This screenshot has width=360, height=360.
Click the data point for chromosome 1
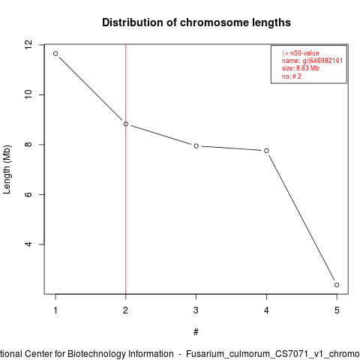click(55, 53)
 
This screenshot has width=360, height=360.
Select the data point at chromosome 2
click(126, 124)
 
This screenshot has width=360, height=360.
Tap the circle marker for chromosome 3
click(196, 145)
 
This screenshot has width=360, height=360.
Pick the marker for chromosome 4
click(266, 151)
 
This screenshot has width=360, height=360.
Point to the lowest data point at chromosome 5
click(337, 285)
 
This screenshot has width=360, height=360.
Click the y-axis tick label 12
click(28, 45)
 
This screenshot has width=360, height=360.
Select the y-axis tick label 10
click(28, 94)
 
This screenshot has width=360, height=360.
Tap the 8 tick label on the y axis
click(28, 145)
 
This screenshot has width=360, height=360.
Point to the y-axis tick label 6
click(28, 194)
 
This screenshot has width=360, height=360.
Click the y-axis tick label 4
click(28, 244)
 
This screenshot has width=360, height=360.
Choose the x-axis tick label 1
click(55, 310)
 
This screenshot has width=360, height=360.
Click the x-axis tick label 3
click(196, 310)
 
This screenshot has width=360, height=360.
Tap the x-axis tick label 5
click(337, 310)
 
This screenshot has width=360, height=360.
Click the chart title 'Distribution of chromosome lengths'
click(196, 22)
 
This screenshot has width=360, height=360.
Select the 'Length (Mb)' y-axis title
click(7, 169)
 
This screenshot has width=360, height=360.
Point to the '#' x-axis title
click(196, 332)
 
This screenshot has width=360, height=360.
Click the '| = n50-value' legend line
click(301, 53)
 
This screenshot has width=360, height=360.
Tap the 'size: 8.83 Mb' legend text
click(301, 68)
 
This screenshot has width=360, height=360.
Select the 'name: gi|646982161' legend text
click(312, 61)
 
